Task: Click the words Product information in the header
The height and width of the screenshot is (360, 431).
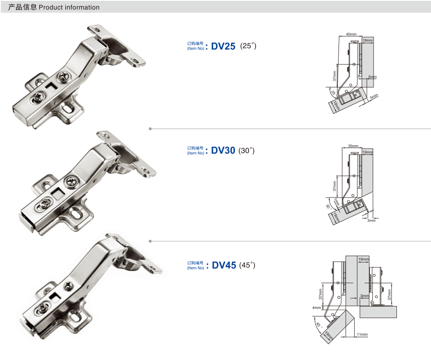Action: coord(69,8)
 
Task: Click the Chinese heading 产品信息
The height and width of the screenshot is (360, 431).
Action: coord(22,7)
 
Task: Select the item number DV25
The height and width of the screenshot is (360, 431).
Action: coord(223,46)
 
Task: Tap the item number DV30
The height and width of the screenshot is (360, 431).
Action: coord(223,150)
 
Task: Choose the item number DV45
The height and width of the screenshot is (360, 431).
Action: coord(224,265)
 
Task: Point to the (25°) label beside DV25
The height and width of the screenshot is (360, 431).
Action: coord(248,46)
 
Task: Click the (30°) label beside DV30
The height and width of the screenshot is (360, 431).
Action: coord(246,151)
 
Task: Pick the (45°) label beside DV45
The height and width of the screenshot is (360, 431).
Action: coord(247,265)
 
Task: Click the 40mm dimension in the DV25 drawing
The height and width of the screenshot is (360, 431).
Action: coord(351,34)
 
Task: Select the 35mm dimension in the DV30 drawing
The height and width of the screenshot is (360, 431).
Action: coord(353,146)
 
